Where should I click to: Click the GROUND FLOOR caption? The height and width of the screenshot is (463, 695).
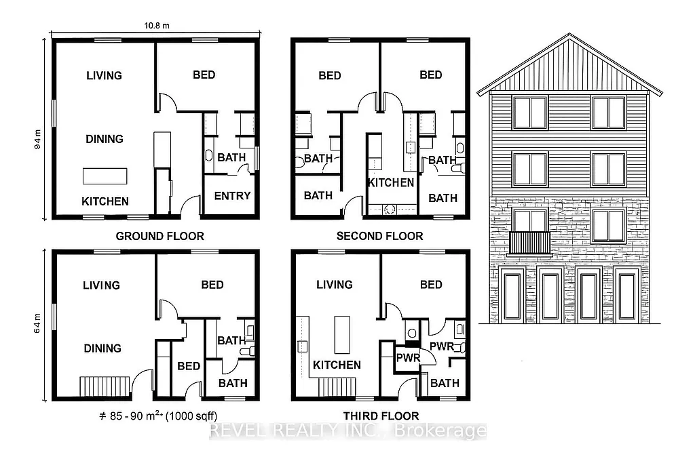pyautogui.click(x=160, y=236)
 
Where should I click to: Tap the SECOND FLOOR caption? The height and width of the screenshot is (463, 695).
pyautogui.click(x=379, y=236)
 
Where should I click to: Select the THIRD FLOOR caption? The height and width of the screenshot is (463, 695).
pyautogui.click(x=379, y=416)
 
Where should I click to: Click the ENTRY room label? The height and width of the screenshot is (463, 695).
pyautogui.click(x=232, y=196)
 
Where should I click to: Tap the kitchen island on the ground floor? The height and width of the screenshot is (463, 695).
pyautogui.click(x=105, y=176)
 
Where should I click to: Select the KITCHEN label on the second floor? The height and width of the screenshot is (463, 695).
pyautogui.click(x=391, y=182)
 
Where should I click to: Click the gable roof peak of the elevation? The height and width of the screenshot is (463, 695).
pyautogui.click(x=569, y=35)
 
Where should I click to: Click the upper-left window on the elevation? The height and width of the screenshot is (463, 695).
pyautogui.click(x=530, y=113)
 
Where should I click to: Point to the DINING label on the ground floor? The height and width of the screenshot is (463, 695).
pyautogui.click(x=105, y=139)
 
